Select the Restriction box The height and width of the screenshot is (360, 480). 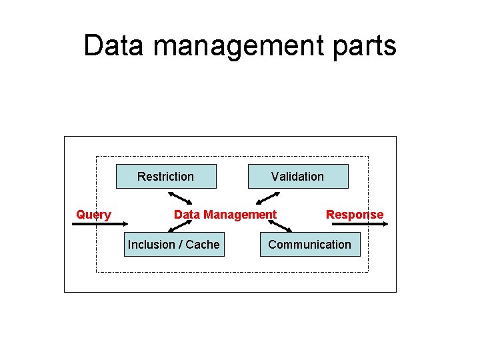[x=166, y=177]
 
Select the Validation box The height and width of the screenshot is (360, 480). [x=298, y=177]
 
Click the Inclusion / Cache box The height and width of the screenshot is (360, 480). [x=173, y=245]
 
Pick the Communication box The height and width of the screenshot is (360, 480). [x=309, y=245]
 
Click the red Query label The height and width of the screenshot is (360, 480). [x=93, y=215]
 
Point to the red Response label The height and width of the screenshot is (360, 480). [x=355, y=215]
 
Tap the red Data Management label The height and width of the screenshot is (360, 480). [x=225, y=215]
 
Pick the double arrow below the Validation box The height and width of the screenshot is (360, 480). [x=269, y=197]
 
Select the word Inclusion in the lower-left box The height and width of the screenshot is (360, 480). [x=151, y=245]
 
